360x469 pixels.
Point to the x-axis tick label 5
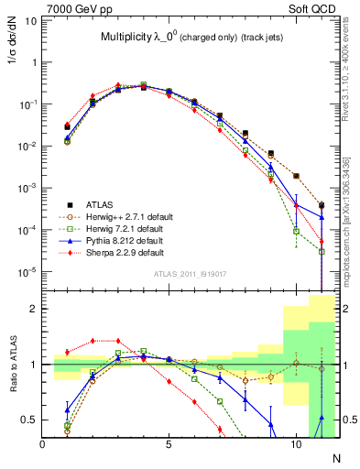pos(169,445)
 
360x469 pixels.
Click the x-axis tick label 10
pos(295,445)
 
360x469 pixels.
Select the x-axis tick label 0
pos(43,445)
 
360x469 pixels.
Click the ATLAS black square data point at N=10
pos(295,175)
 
